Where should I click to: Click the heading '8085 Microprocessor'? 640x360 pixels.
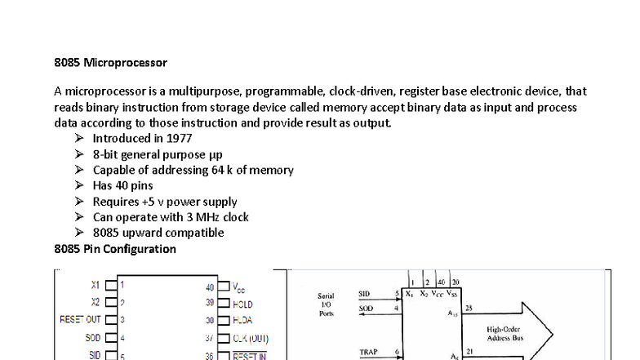pyautogui.click(x=110, y=62)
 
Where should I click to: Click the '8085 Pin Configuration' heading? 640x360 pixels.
pyautogui.click(x=115, y=248)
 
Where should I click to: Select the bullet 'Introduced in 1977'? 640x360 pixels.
pyautogui.click(x=142, y=139)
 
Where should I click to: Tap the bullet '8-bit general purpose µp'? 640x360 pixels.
pyautogui.click(x=157, y=154)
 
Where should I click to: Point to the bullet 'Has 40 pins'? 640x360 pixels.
pyautogui.click(x=122, y=185)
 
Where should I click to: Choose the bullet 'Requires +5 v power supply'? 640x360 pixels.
pyautogui.click(x=164, y=202)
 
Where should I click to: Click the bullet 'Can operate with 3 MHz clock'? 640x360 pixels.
pyautogui.click(x=170, y=217)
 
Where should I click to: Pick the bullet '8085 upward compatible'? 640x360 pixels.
pyautogui.click(x=158, y=233)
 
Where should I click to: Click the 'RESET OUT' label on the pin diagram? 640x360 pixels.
pyautogui.click(x=80, y=320)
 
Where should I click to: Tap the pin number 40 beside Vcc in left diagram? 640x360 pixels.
pyautogui.click(x=210, y=287)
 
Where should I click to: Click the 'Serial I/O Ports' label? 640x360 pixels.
pyautogui.click(x=325, y=304)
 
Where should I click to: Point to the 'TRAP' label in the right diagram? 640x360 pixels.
pyautogui.click(x=369, y=353)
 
